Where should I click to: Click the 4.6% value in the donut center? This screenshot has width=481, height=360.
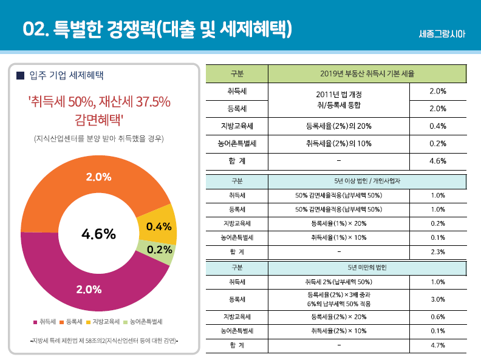[98, 234]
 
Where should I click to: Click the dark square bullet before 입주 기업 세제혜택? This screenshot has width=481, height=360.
[21, 76]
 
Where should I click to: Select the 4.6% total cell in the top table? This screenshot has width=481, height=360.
[438, 161]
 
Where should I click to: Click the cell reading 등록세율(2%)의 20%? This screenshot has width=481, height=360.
[339, 126]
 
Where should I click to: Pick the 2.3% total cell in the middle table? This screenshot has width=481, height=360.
[438, 251]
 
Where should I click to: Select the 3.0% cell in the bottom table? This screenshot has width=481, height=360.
[438, 299]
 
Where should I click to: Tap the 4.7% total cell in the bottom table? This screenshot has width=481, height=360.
[438, 345]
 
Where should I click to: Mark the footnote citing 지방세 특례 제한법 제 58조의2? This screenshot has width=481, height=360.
[100, 341]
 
